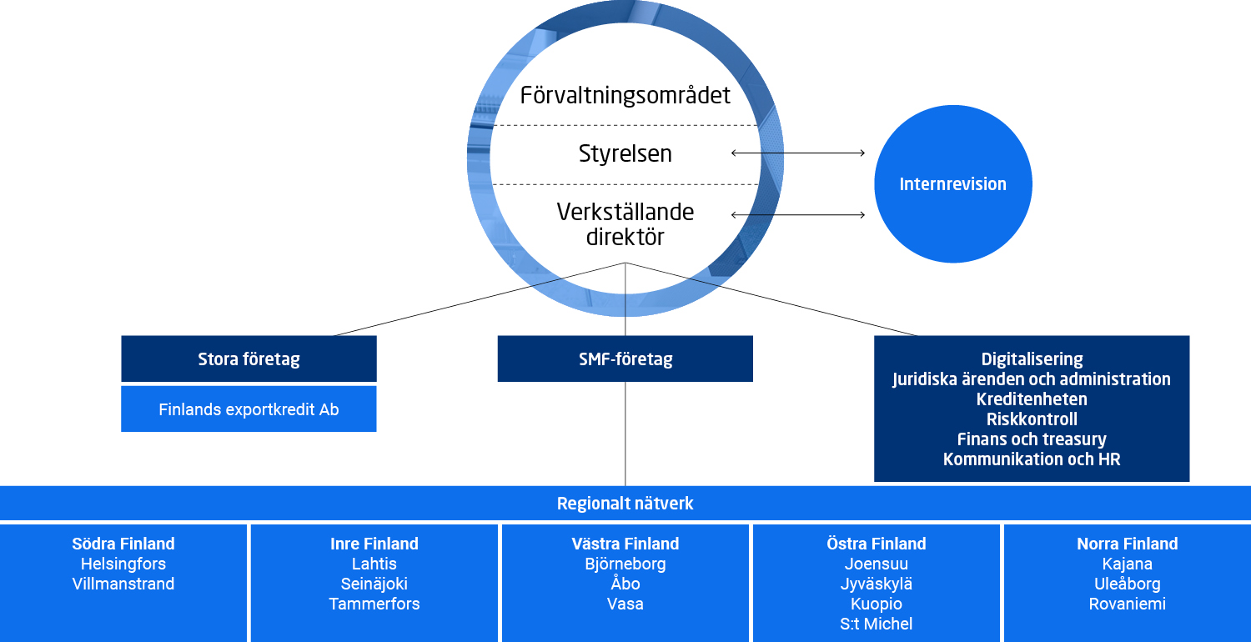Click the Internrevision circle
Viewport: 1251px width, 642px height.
click(952, 184)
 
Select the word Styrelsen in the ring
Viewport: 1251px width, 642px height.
click(625, 153)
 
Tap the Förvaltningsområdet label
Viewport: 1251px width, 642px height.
click(625, 95)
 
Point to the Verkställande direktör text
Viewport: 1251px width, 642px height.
click(625, 224)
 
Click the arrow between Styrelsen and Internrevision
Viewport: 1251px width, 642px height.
click(798, 153)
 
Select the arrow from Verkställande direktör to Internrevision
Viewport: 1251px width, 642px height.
click(798, 215)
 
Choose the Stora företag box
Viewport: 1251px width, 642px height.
click(249, 359)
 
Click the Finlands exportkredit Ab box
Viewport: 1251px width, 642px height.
click(249, 409)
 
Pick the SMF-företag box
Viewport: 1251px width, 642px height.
click(625, 359)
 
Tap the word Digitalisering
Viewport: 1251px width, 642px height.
click(1032, 359)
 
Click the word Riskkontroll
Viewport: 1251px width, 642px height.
click(1032, 419)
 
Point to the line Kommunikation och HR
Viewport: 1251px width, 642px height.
click(1032, 459)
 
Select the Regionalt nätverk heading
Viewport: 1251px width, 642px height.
click(625, 504)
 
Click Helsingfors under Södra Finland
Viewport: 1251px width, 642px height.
click(123, 564)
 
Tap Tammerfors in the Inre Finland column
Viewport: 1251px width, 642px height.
click(374, 604)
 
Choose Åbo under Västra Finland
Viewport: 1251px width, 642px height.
click(625, 584)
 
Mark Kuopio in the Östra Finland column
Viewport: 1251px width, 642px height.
click(876, 604)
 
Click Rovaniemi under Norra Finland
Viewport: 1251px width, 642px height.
click(1127, 604)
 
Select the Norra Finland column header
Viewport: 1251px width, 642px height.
click(1127, 544)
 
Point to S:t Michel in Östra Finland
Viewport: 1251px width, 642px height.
click(876, 624)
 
